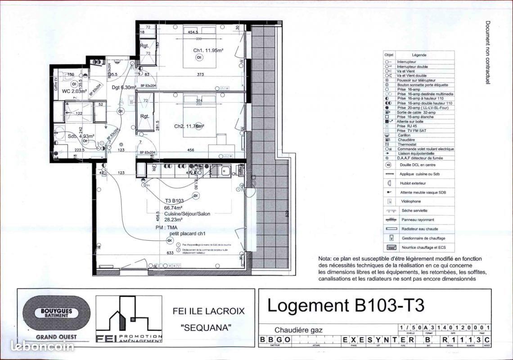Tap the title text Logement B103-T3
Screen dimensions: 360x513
pos(346,305)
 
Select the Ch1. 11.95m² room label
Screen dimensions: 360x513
pos(208,50)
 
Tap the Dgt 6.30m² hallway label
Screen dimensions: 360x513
pos(124,88)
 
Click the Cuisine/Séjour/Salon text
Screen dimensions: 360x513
pos(188,214)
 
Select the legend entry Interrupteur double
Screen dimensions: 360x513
pos(412,67)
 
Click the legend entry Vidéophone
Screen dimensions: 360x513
pos(411,202)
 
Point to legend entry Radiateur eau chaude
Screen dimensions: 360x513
pos(419,229)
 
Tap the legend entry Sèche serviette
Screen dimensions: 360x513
pos(414,211)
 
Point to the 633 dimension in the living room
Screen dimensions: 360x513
pos(170,253)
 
